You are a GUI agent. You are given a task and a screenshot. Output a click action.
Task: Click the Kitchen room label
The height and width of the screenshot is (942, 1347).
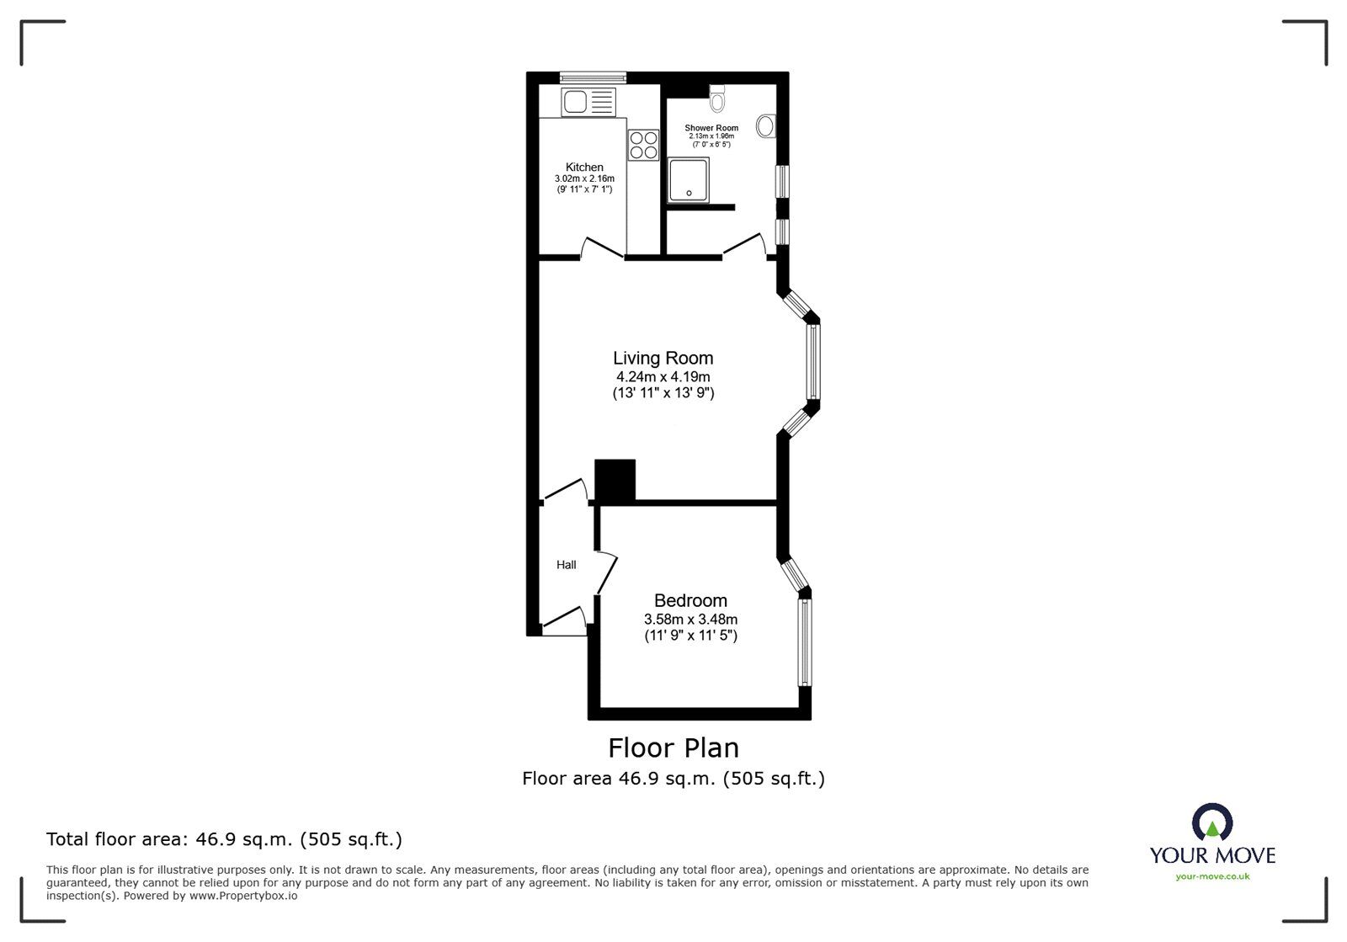pyautogui.click(x=584, y=167)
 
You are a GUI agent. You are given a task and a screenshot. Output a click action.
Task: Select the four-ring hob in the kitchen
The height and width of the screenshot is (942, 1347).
pyautogui.click(x=643, y=145)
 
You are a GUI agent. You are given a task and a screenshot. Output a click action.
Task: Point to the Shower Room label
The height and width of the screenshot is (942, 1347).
pyautogui.click(x=711, y=128)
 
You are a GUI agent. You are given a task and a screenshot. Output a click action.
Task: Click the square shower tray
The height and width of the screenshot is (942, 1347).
pyautogui.click(x=689, y=180)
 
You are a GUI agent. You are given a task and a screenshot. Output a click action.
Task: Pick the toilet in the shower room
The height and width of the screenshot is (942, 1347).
pyautogui.click(x=717, y=99)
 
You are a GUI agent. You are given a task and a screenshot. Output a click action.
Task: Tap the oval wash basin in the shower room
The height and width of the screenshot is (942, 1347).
pyautogui.click(x=766, y=126)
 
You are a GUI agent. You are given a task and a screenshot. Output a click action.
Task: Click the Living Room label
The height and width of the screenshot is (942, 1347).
pyautogui.click(x=663, y=358)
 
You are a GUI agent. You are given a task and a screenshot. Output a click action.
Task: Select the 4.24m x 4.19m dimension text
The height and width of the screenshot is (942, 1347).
pyautogui.click(x=663, y=376)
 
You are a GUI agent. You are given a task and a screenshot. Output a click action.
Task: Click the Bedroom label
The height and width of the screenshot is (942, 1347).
pyautogui.click(x=690, y=600)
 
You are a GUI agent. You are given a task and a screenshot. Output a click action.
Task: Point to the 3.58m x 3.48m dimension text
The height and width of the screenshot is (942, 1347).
pyautogui.click(x=690, y=619)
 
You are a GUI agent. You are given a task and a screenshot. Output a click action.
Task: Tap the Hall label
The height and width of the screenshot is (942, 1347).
pyautogui.click(x=566, y=565)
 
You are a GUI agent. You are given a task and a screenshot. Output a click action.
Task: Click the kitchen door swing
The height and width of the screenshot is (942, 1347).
pyautogui.click(x=603, y=247)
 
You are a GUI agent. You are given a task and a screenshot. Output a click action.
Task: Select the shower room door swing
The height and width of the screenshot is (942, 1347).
pyautogui.click(x=744, y=245)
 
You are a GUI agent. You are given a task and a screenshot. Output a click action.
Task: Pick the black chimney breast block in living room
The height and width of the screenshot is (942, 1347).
pyautogui.click(x=615, y=480)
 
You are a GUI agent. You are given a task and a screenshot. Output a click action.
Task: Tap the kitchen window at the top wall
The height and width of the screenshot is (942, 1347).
pyautogui.click(x=593, y=77)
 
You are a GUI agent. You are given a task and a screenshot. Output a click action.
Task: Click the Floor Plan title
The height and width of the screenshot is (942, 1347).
pyautogui.click(x=673, y=748)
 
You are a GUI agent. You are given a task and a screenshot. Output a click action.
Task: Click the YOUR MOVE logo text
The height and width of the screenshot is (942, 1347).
pyautogui.click(x=1212, y=855)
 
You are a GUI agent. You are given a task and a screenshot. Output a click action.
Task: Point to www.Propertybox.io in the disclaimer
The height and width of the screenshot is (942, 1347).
pyautogui.click(x=242, y=896)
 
